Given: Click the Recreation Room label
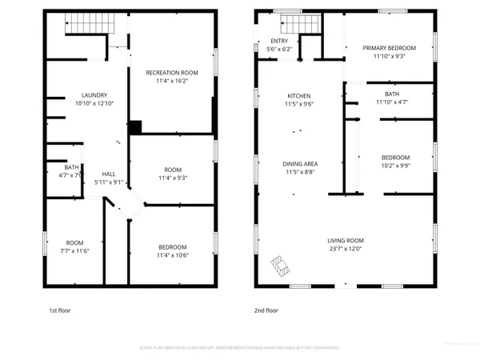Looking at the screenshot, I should tap(171, 73).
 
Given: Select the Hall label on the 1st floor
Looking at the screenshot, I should tap(109, 174).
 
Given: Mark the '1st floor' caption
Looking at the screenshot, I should tap(60, 310).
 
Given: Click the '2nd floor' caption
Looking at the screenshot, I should tap(266, 310).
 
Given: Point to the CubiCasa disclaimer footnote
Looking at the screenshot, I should tap(240, 348).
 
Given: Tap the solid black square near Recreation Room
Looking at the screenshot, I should tap(135, 126).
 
